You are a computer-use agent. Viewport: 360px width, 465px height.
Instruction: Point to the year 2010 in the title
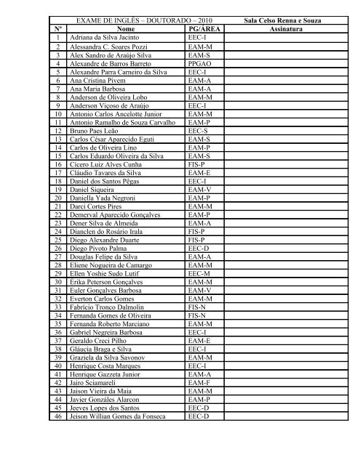[x=185, y=17]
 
